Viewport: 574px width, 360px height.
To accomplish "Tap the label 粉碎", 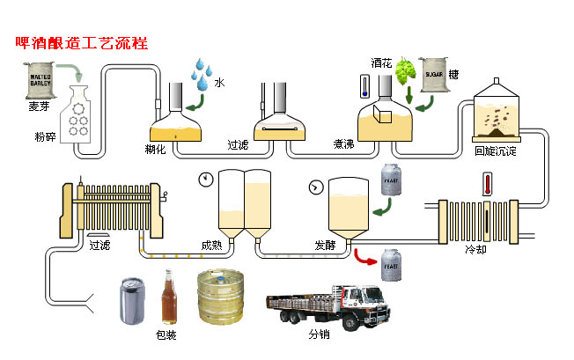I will click(x=46, y=137).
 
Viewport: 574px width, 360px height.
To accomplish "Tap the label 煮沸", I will click(x=343, y=143).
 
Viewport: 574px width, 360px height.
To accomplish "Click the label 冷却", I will click(x=475, y=249).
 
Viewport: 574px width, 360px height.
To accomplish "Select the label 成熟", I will click(x=211, y=244).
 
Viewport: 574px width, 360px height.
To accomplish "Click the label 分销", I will click(x=320, y=335).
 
